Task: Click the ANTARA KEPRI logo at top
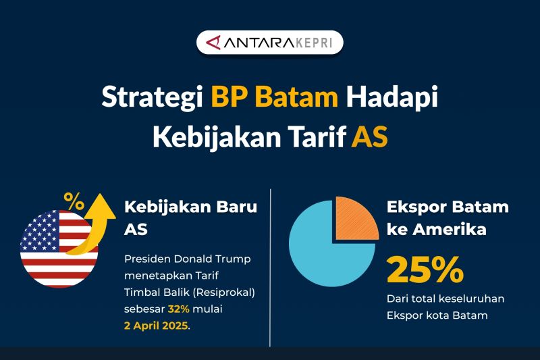click(269, 43)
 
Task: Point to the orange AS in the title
click(370, 136)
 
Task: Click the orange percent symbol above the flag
click(74, 201)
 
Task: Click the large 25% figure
click(425, 269)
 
